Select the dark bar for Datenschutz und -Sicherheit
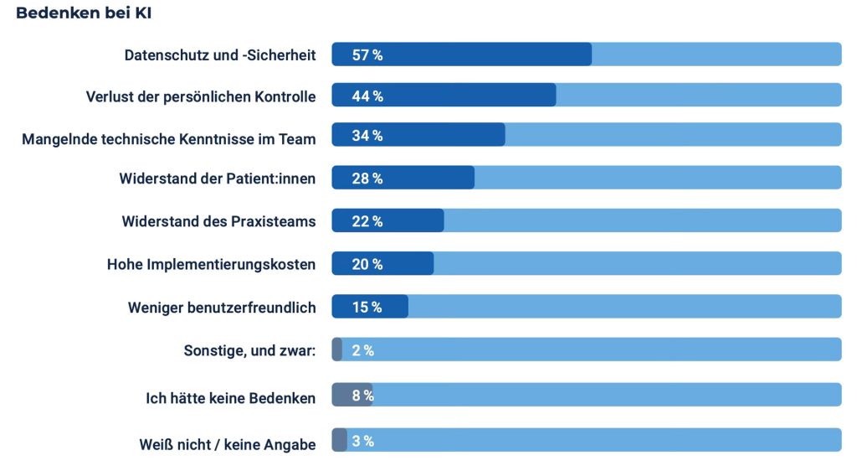(x=485, y=54)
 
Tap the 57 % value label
(x=367, y=55)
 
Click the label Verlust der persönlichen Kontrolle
(x=201, y=96)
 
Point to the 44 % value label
(x=367, y=96)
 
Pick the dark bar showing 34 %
(x=444, y=135)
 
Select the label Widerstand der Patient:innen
(x=218, y=179)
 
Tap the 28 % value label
(x=367, y=179)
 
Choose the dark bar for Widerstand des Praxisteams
(x=410, y=221)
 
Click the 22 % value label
(x=367, y=221)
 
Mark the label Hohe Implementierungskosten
(x=212, y=264)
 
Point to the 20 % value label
(x=367, y=264)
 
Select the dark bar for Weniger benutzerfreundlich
(x=393, y=307)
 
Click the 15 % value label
(x=367, y=307)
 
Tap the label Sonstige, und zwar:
(x=249, y=350)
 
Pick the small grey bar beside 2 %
(x=337, y=349)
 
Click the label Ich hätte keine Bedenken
(x=231, y=398)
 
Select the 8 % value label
(x=362, y=396)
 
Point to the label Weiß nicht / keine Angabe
(x=228, y=444)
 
